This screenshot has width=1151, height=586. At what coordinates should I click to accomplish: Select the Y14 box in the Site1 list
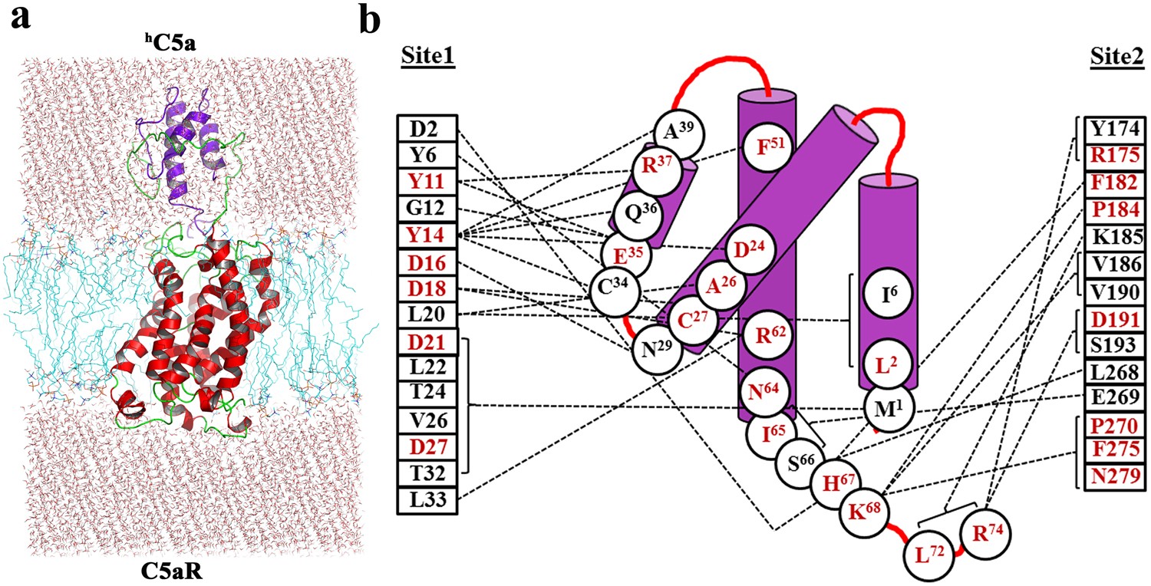(x=427, y=235)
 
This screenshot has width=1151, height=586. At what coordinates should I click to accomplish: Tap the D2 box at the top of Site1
(x=427, y=128)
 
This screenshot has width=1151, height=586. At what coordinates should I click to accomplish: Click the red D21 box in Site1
(x=427, y=341)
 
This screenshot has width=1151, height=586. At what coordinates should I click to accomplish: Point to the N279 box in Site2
(x=1116, y=477)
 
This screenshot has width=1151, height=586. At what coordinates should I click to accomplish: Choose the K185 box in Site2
(x=1116, y=236)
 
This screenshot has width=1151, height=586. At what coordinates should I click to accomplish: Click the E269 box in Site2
(x=1116, y=397)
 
